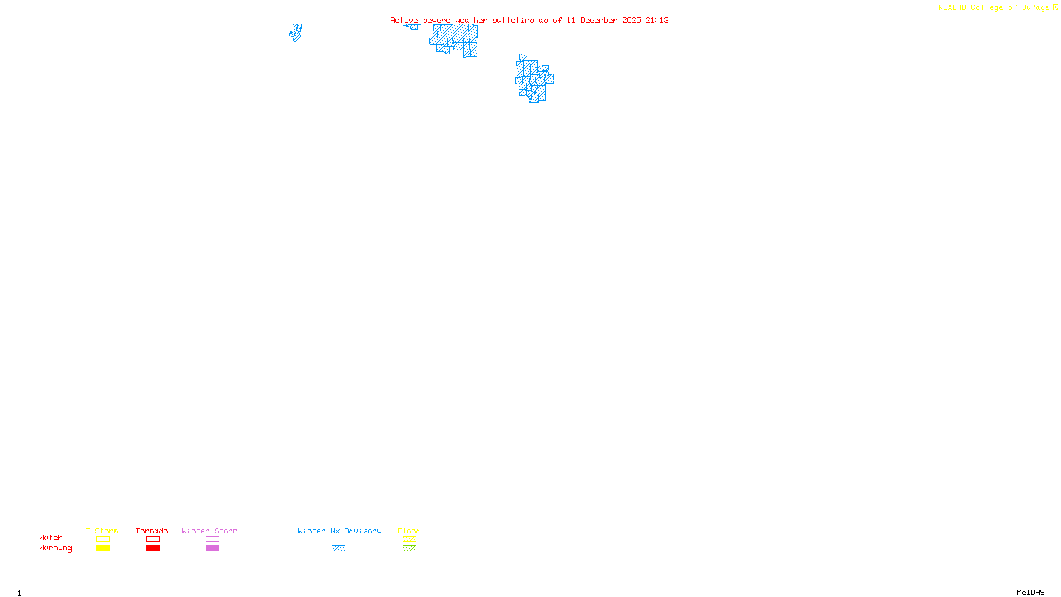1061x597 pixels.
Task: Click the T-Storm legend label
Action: tap(102, 531)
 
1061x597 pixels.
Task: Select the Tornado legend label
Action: tap(152, 531)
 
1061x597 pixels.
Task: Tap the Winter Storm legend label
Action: tap(210, 531)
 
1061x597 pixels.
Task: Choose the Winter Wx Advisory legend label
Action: tap(340, 531)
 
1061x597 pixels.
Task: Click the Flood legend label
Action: tap(409, 531)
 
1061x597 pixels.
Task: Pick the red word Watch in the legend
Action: tap(51, 537)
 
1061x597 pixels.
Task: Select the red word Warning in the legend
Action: tap(56, 548)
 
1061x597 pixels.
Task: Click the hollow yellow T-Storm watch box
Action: tap(103, 539)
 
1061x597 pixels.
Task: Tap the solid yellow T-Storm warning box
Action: tap(103, 549)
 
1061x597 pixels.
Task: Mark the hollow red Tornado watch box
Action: tap(153, 539)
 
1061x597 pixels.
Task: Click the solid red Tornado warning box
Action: tap(153, 549)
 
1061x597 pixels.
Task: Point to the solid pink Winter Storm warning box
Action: tap(212, 549)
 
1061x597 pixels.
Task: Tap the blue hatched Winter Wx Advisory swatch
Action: tap(338, 549)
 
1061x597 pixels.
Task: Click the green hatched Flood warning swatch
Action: tap(409, 549)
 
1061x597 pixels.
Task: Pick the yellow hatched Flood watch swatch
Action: tap(409, 539)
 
